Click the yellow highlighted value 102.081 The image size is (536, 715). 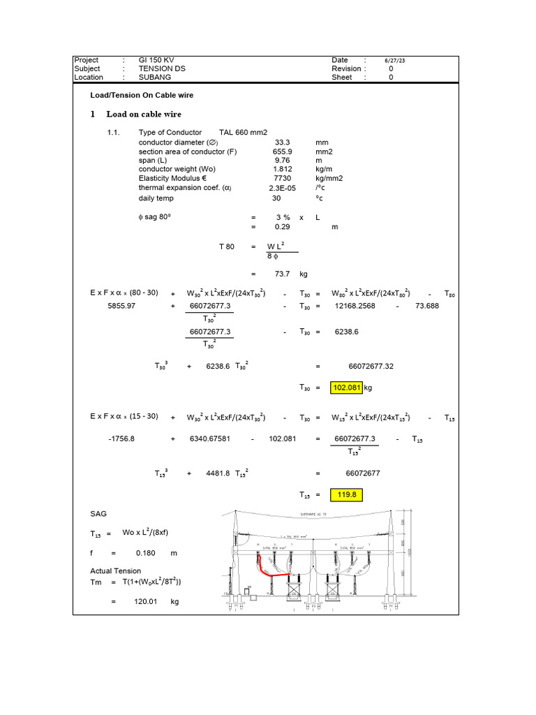pos(348,388)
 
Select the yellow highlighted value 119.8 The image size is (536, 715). pos(348,495)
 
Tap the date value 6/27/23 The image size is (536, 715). pos(395,61)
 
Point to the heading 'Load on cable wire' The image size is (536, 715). pos(144,114)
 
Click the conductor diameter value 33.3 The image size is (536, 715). pos(282,142)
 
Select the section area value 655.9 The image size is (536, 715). pos(282,151)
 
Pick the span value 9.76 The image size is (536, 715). pos(282,160)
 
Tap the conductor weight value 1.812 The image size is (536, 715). pos(282,169)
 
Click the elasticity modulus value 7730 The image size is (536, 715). pos(282,178)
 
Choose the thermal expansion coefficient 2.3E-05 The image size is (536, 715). pos(282,188)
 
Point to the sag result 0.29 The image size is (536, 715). pos(282,227)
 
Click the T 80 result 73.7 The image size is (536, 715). pos(282,274)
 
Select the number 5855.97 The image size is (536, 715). pos(126,306)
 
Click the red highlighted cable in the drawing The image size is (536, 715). pos(273,575)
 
